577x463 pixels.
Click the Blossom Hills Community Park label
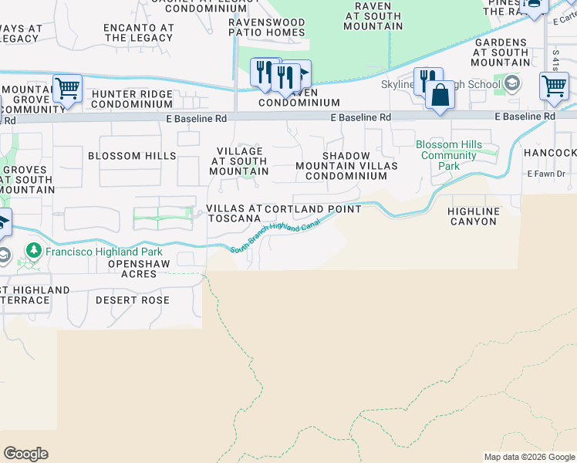pyautogui.click(x=448, y=155)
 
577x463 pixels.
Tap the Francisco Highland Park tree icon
pyautogui.click(x=33, y=251)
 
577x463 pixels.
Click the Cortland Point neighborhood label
pyautogui.click(x=313, y=209)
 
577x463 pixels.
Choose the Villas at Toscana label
pyautogui.click(x=235, y=214)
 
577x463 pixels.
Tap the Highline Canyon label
pyautogui.click(x=473, y=216)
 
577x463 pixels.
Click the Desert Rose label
pyautogui.click(x=132, y=299)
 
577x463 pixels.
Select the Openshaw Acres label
pyautogui.click(x=132, y=269)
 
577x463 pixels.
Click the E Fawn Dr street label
pyautogui.click(x=546, y=174)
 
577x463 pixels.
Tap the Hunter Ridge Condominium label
pyautogui.click(x=132, y=100)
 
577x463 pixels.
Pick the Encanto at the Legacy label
pyautogui.click(x=139, y=32)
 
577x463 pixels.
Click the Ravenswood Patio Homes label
pyautogui.click(x=266, y=28)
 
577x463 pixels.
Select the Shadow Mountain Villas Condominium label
pyautogui.click(x=346, y=166)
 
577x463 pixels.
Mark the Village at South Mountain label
pyautogui.click(x=239, y=161)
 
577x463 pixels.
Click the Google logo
pyautogui.click(x=25, y=454)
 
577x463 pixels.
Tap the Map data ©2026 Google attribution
pyautogui.click(x=528, y=457)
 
